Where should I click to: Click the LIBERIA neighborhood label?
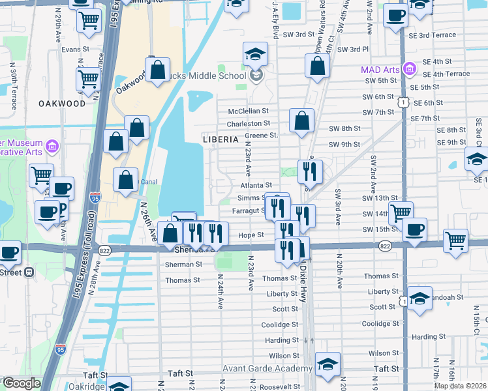pyautogui.click(x=219, y=139)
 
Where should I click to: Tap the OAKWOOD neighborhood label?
pyautogui.click(x=62, y=104)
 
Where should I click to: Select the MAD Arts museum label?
pyautogui.click(x=379, y=69)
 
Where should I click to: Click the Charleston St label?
pyautogui.click(x=248, y=124)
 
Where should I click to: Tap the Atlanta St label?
pyautogui.click(x=258, y=186)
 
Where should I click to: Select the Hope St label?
pyautogui.click(x=251, y=235)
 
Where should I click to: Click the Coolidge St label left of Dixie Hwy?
pyautogui.click(x=279, y=325)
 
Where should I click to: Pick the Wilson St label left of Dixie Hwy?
pyautogui.click(x=283, y=356)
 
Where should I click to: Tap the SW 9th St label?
pyautogui.click(x=344, y=145)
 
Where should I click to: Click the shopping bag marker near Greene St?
pyautogui.click(x=301, y=120)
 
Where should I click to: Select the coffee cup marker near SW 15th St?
pyautogui.click(x=414, y=229)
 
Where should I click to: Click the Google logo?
pyautogui.click(x=22, y=384)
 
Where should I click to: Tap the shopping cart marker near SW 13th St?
pyautogui.click(x=401, y=211)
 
